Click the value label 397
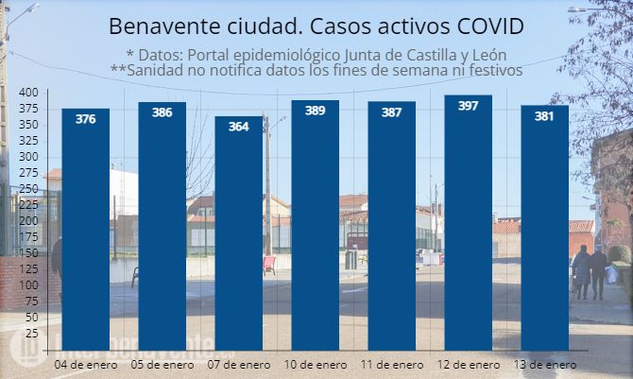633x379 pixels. coord(468,106)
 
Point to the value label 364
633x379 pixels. coord(239,127)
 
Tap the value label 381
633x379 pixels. coord(545,116)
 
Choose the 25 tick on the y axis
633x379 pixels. coord(31,334)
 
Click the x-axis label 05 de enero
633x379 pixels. coord(163,364)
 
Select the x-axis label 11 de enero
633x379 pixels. coord(392,364)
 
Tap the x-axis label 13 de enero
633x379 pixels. coord(545,364)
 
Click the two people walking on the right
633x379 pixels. coord(591,271)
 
